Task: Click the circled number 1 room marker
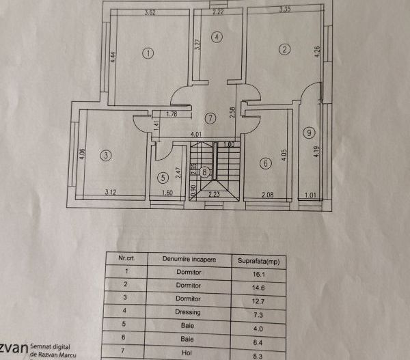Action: click(x=148, y=53)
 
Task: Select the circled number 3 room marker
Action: click(x=105, y=155)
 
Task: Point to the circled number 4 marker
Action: click(x=217, y=37)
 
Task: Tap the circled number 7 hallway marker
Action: click(x=210, y=117)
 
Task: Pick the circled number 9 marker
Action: click(x=310, y=132)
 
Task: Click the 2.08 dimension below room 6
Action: click(x=269, y=195)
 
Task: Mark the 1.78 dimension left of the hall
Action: click(x=172, y=114)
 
